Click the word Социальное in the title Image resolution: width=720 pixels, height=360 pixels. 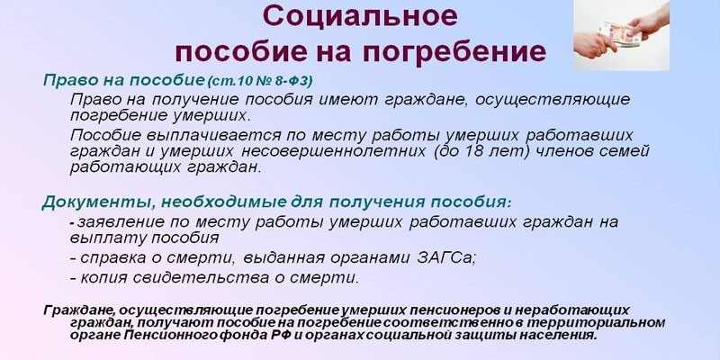(361, 16)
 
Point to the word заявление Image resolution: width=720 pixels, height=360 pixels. (121, 222)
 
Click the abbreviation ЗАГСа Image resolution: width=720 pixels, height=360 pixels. (446, 258)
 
